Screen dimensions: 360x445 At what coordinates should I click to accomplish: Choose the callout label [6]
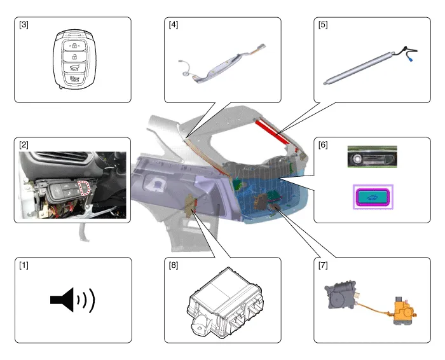(323, 145)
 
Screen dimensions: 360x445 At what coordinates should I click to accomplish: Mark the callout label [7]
(323, 264)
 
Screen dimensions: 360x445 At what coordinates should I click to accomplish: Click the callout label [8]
(173, 264)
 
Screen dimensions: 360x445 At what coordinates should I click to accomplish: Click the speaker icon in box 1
(72, 300)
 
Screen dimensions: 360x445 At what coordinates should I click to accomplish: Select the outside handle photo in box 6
(373, 156)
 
